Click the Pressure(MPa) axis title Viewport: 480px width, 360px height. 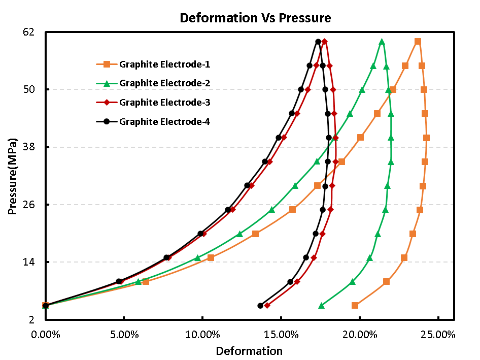coord(12,175)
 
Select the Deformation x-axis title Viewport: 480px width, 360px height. coord(249,351)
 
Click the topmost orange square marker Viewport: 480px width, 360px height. coord(418,42)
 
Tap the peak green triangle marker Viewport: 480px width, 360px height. coord(382,42)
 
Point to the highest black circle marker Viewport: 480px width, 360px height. coord(318,42)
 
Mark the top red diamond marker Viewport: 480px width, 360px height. coord(324,42)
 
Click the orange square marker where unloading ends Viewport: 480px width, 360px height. coord(355,305)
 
